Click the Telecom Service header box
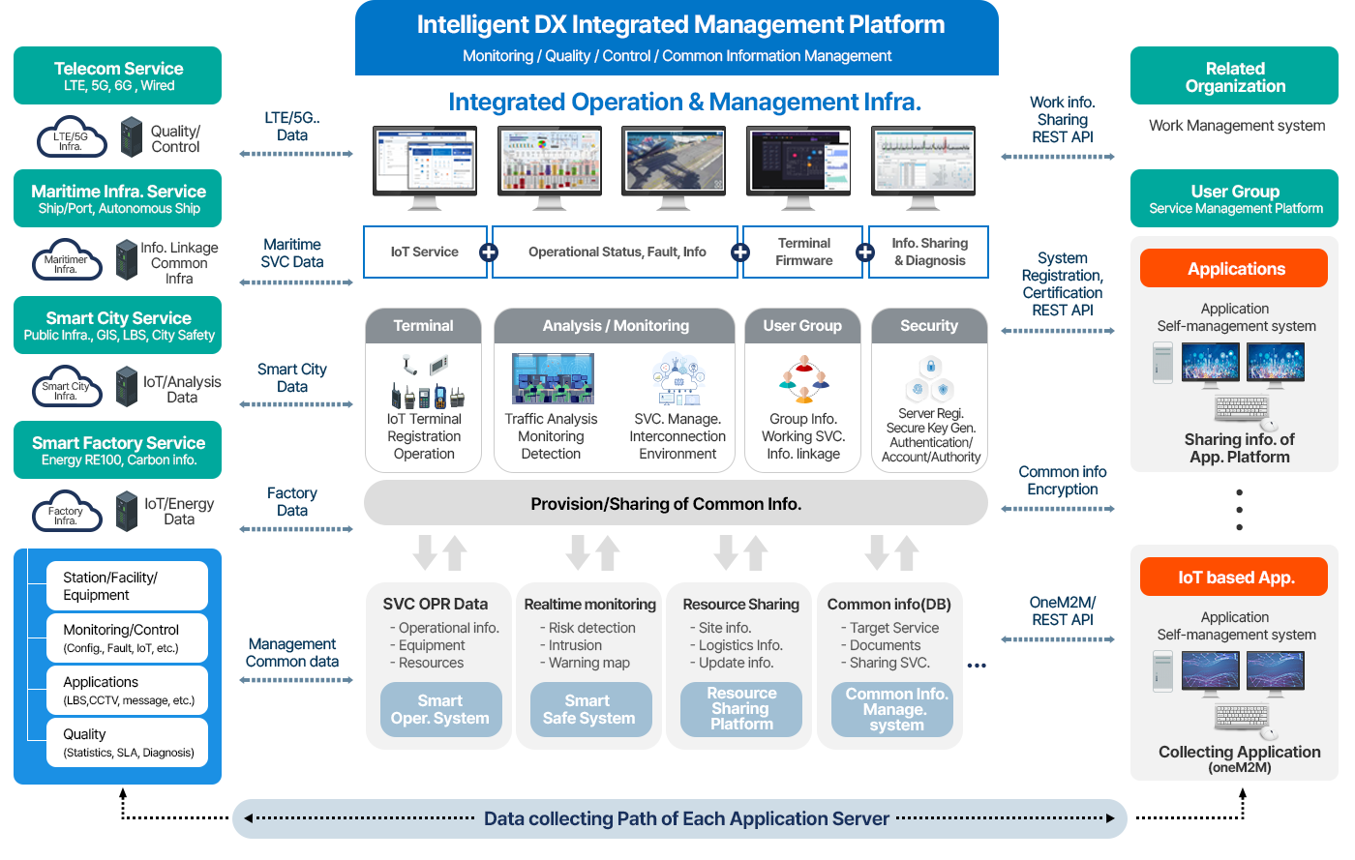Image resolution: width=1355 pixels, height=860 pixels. point(117,75)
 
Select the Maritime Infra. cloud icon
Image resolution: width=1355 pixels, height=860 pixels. point(66,261)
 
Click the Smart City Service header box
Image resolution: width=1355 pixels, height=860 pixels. point(117,325)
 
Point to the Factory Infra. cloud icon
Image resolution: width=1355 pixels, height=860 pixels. point(66,513)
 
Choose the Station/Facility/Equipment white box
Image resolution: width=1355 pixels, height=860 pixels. point(127,586)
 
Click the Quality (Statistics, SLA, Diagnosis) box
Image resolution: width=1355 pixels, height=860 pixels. point(127,742)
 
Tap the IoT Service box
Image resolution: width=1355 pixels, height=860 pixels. point(424,252)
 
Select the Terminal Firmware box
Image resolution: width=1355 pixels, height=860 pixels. point(803,252)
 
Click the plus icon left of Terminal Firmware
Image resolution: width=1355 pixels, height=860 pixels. point(740,252)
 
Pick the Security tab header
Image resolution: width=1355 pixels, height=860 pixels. point(929,326)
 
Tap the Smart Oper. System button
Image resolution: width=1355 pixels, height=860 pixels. point(440,710)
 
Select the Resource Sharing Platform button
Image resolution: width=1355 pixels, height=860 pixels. point(741,709)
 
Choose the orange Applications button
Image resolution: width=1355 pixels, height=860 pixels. point(1234,269)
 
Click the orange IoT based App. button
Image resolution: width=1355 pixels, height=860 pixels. point(1234,578)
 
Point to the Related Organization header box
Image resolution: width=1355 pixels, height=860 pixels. point(1234,76)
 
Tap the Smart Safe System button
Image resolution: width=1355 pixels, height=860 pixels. point(589,710)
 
